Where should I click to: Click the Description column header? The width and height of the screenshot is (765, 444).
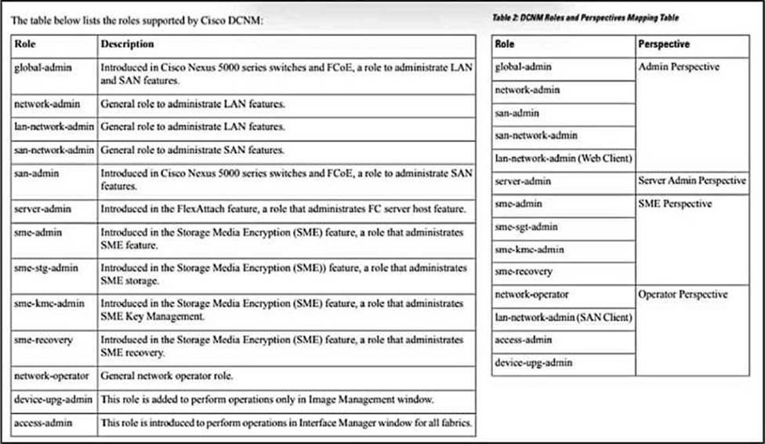coord(127,45)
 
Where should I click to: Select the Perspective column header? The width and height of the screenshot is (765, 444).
coord(664,45)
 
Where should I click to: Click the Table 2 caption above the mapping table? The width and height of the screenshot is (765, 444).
coord(585,17)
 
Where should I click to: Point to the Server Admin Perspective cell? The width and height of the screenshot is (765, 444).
coord(692,181)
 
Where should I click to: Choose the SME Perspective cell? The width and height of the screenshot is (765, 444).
coord(675,204)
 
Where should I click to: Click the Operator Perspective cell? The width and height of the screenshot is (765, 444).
coord(683,294)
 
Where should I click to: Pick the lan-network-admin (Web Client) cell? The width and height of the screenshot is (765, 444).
coord(564,158)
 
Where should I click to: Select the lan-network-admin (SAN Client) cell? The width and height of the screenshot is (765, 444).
coord(564,317)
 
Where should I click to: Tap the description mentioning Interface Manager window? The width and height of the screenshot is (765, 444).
coord(286,424)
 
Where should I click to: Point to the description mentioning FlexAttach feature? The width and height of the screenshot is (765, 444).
coord(285,209)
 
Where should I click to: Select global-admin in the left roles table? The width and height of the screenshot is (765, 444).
coord(43,68)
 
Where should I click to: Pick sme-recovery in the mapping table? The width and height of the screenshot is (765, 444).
coord(524,271)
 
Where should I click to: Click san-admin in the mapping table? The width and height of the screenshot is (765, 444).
coord(517,113)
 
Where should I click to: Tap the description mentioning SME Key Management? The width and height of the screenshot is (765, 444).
coord(282,310)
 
